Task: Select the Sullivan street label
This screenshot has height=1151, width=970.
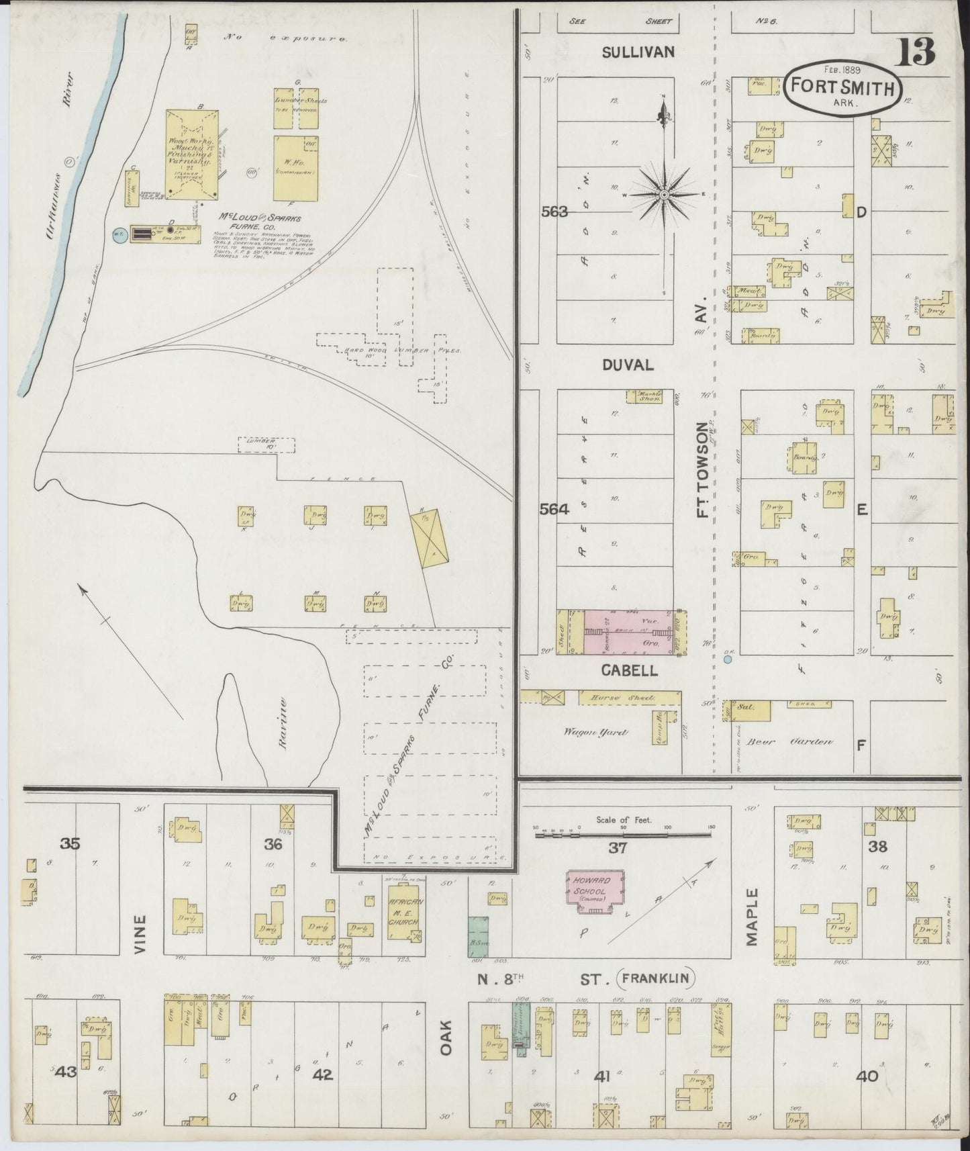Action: pyautogui.click(x=638, y=52)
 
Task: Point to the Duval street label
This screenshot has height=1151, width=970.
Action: pyautogui.click(x=628, y=365)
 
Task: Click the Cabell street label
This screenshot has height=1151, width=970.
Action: pyautogui.click(x=629, y=670)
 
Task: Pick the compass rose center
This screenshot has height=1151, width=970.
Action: pyautogui.click(x=664, y=195)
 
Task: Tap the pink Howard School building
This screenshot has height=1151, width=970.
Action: pyautogui.click(x=595, y=891)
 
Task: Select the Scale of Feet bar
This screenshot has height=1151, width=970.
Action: pyautogui.click(x=622, y=835)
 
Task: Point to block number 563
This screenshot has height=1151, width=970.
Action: pyautogui.click(x=554, y=212)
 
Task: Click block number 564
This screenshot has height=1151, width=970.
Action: pyautogui.click(x=554, y=510)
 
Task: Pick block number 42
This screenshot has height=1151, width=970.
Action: pyautogui.click(x=323, y=1075)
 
